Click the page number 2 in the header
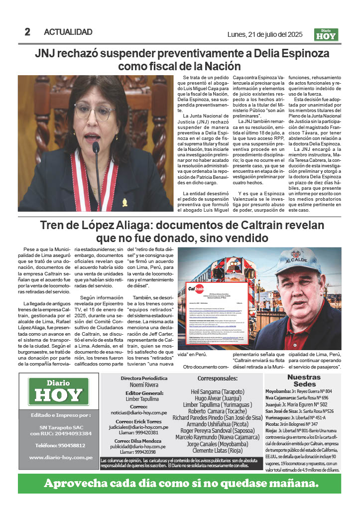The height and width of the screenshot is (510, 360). point(27,32)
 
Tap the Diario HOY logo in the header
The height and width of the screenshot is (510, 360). point(326,33)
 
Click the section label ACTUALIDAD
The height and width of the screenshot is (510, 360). point(68,32)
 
